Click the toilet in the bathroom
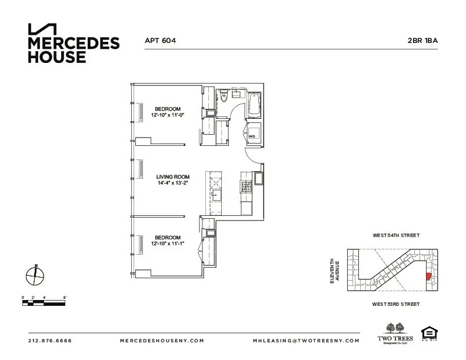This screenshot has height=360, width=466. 224,97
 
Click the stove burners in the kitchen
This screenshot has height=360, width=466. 246,187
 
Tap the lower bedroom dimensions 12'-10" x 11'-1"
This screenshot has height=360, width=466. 168,244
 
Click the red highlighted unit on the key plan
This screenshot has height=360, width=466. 428,275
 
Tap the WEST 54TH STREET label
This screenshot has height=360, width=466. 395,235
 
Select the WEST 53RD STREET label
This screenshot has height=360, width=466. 395,304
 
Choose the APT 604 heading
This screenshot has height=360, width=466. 161,41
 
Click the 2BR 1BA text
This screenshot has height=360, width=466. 421,41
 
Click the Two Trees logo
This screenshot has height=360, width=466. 394,333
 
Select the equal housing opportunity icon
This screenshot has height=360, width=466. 428,334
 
